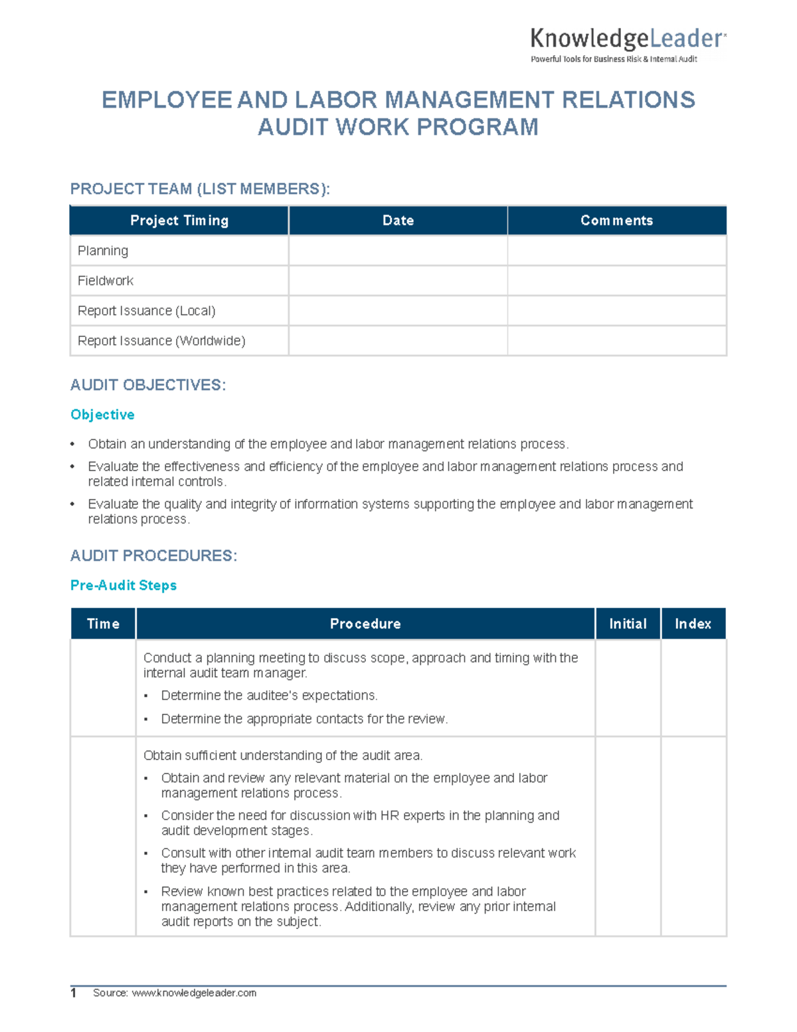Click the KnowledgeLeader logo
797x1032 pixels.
pyautogui.click(x=628, y=45)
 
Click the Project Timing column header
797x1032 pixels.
pyautogui.click(x=179, y=221)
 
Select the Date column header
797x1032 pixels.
pyautogui.click(x=398, y=221)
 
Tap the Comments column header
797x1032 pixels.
pyautogui.click(x=616, y=221)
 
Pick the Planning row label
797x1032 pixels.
pyautogui.click(x=103, y=251)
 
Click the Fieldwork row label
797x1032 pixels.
pyautogui.click(x=106, y=281)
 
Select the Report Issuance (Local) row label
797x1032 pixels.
pyautogui.click(x=146, y=311)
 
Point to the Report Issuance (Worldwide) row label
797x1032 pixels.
pyautogui.click(x=161, y=341)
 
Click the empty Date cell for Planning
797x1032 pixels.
pyautogui.click(x=398, y=251)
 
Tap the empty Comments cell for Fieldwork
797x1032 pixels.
pyautogui.click(x=616, y=281)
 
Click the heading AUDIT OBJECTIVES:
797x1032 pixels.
pyautogui.click(x=148, y=385)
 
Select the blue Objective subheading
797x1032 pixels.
pyautogui.click(x=102, y=415)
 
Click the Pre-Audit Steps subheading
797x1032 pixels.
pyautogui.click(x=124, y=585)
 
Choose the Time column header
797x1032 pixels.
pyautogui.click(x=103, y=624)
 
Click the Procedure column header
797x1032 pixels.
pyautogui.click(x=365, y=624)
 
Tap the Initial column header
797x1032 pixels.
pyautogui.click(x=628, y=624)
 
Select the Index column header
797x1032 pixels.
pyautogui.click(x=693, y=624)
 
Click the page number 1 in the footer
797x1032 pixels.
pyautogui.click(x=74, y=993)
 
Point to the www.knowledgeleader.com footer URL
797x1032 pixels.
pyautogui.click(x=194, y=993)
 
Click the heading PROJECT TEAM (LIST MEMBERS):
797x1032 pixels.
pyautogui.click(x=200, y=189)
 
